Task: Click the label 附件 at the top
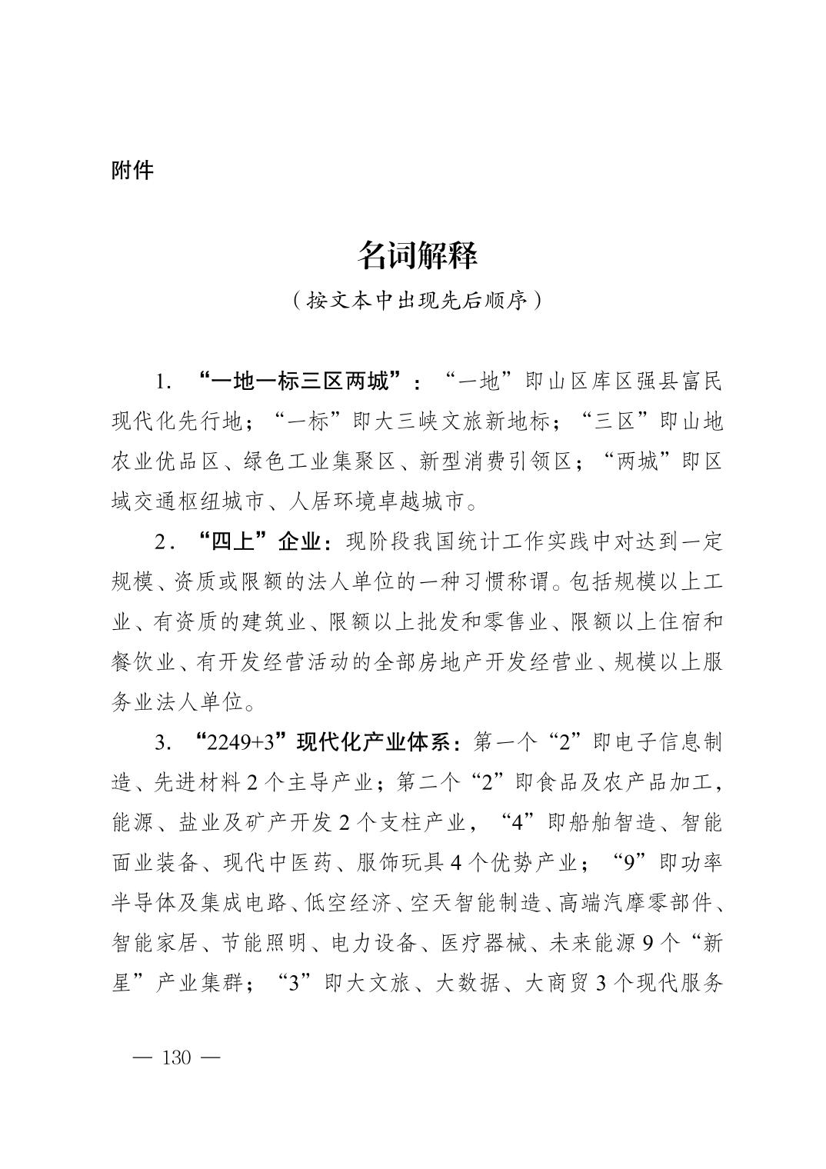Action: tap(132, 170)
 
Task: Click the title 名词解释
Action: tap(417, 255)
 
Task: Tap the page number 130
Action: tap(176, 1057)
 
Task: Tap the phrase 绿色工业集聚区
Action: tap(331, 461)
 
